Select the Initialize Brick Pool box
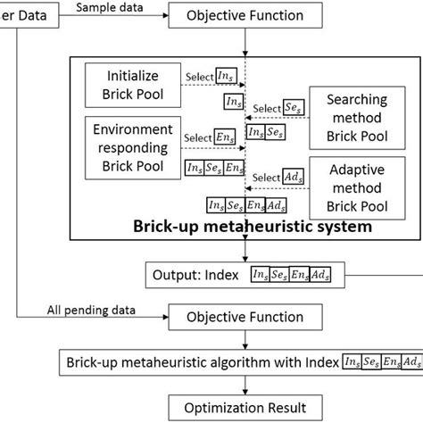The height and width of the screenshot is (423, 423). [x=134, y=86]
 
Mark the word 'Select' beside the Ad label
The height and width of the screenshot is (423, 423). [x=266, y=178]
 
